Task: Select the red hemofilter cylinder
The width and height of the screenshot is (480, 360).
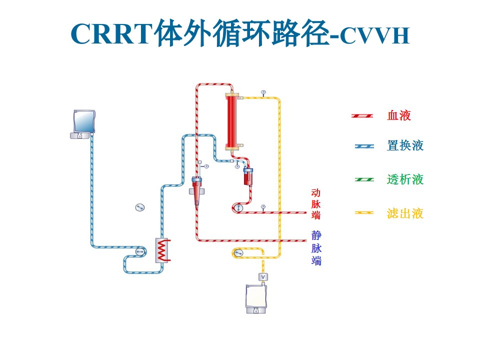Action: [x=232, y=121]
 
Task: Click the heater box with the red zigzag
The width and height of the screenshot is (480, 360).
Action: [x=162, y=250]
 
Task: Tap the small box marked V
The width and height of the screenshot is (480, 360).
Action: [x=263, y=277]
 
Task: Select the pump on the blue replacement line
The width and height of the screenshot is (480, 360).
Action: [x=140, y=251]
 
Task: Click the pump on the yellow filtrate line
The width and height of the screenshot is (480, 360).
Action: [x=238, y=253]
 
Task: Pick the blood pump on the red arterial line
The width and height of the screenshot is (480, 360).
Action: [x=237, y=208]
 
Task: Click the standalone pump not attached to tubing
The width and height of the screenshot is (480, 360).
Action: [x=140, y=207]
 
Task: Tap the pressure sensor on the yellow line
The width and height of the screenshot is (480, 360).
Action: [x=263, y=92]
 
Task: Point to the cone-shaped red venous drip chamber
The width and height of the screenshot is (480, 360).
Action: [x=196, y=192]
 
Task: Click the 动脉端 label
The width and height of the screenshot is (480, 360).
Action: [x=316, y=204]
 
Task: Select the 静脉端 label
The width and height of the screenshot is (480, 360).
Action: [x=316, y=248]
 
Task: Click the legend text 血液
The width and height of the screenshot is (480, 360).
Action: [x=398, y=115]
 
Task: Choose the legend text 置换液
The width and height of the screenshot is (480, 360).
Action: [x=405, y=145]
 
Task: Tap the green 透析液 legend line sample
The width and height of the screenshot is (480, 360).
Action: [x=364, y=179]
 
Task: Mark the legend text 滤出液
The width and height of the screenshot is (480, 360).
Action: [x=405, y=213]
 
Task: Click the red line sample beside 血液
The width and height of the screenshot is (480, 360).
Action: [x=362, y=115]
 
